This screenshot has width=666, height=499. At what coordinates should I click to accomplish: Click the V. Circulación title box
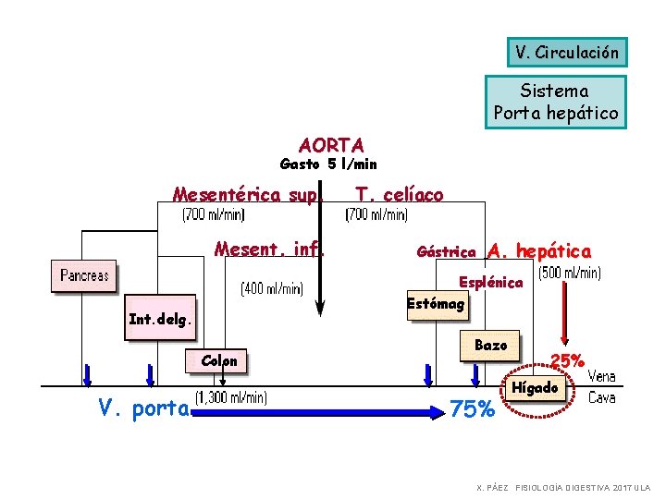pos(567,52)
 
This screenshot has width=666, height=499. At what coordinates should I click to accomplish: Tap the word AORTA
pos(331,145)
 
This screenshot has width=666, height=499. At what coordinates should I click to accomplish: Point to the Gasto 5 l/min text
pos(328,164)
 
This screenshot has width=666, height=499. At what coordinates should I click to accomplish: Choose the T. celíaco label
pos(399,195)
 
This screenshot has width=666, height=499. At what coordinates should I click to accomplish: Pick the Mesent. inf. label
pos(268,249)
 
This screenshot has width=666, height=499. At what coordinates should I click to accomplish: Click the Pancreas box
pos(84,275)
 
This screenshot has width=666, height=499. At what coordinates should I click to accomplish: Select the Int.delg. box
pos(161,321)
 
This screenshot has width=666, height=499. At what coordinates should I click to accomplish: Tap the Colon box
pos(219,360)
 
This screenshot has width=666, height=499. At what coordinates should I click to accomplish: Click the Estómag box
pos(437,303)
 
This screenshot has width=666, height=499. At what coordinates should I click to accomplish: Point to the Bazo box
pos(490,345)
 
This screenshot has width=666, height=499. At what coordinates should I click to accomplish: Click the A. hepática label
pos(539,250)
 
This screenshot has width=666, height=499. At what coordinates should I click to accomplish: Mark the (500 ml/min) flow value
pos(569,274)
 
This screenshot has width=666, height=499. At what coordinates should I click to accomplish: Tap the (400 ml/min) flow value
pos(271,288)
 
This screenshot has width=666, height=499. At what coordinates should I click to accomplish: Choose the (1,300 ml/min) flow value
pos(230,398)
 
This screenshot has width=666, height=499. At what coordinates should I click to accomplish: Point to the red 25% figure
pos(566,359)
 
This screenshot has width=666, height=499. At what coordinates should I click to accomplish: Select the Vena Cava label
pos(602,387)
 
